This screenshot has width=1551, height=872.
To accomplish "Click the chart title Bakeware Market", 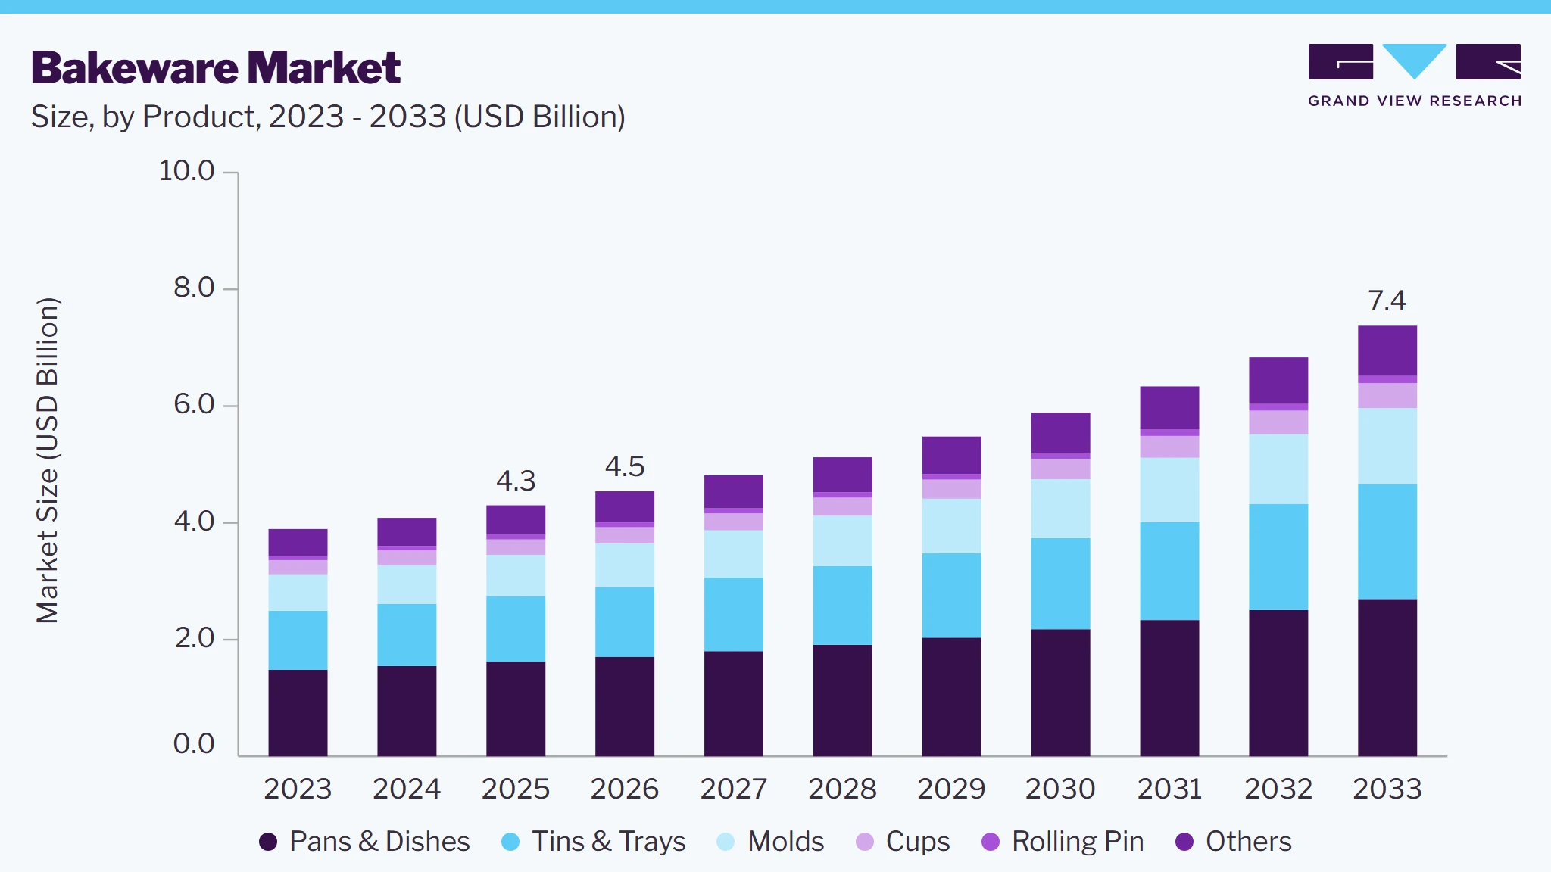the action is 216,68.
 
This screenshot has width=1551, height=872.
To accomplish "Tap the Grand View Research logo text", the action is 1415,101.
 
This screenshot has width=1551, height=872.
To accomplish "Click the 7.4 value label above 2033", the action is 1387,301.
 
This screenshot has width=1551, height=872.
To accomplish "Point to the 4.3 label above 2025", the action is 516,481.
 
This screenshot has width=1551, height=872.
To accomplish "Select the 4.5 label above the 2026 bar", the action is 625,466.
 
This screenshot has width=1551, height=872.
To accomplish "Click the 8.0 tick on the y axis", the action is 194,288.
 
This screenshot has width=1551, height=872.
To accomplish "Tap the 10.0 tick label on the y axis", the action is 187,171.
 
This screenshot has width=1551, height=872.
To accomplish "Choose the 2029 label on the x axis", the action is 951,789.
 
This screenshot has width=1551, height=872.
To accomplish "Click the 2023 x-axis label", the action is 298,789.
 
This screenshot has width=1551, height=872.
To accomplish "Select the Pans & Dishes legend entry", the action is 364,842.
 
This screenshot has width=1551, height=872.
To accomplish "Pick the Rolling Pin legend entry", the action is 1063,842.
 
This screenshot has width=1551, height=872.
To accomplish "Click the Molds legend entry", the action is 770,842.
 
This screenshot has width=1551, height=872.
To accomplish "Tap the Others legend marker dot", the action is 1184,842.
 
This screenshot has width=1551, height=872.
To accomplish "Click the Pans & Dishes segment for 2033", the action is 1387,677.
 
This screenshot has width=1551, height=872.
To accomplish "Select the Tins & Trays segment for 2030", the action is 1060,584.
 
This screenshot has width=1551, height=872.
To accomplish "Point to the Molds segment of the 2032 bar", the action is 1278,469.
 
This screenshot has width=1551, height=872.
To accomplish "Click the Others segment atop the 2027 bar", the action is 734,492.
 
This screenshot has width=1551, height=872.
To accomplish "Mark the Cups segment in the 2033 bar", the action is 1387,396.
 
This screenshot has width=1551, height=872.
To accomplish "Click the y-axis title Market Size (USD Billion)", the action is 47,460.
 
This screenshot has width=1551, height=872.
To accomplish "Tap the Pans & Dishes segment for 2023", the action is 298,713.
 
